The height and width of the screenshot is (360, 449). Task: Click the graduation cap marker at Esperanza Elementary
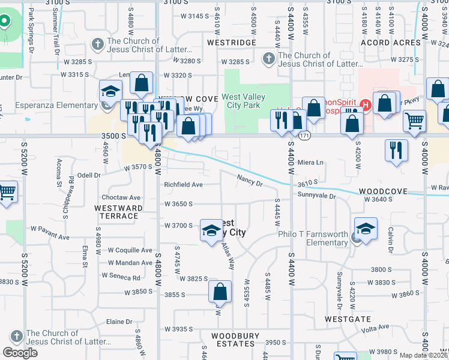[x=110, y=91]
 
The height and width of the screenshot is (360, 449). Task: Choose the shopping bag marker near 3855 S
[x=220, y=292]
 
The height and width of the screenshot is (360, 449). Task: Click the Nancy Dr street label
[x=250, y=180]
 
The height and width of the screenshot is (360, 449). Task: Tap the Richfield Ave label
[x=183, y=185]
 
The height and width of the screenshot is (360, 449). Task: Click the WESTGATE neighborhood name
[x=346, y=319]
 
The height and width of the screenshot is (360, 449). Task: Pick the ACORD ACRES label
[x=391, y=43]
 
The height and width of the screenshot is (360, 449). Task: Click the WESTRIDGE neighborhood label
[x=227, y=43]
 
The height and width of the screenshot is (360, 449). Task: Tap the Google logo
[x=20, y=352]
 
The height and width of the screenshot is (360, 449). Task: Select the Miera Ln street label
[x=310, y=163]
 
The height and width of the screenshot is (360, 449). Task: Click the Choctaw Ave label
[x=121, y=197]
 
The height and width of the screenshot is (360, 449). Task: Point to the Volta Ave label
[x=376, y=326]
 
